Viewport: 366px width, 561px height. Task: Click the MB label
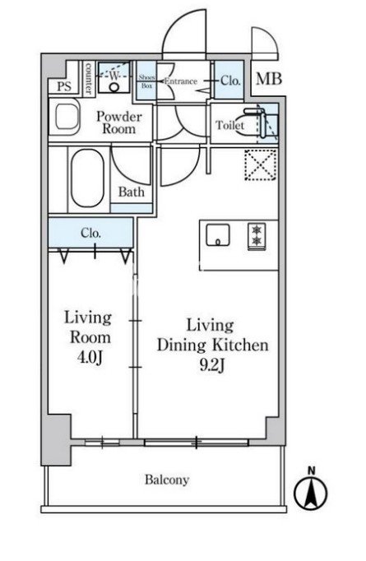pyautogui.click(x=269, y=79)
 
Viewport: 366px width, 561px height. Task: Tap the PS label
pyautogui.click(x=64, y=86)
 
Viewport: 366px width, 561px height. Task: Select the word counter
pyautogui.click(x=88, y=79)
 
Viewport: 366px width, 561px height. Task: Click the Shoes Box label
pyautogui.click(x=146, y=81)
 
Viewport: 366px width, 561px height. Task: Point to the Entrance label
pyautogui.click(x=181, y=81)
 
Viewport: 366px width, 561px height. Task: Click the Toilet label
pyautogui.click(x=229, y=125)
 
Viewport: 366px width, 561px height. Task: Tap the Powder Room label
pyautogui.click(x=119, y=123)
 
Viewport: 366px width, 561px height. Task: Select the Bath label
pyautogui.click(x=132, y=192)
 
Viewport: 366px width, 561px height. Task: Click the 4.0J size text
pyautogui.click(x=90, y=357)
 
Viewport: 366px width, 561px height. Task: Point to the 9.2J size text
pyautogui.click(x=212, y=365)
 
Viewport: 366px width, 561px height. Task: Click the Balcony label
pyautogui.click(x=167, y=480)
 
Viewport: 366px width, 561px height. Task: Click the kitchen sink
pyautogui.click(x=217, y=234)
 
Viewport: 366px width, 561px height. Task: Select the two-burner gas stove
pyautogui.click(x=257, y=236)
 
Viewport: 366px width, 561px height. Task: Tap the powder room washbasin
pyautogui.click(x=67, y=116)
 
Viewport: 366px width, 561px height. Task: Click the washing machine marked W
pyautogui.click(x=114, y=77)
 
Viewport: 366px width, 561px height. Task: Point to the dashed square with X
pyautogui.click(x=261, y=165)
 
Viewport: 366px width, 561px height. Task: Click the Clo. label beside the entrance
pyautogui.click(x=229, y=81)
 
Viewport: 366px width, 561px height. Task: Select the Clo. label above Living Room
pyautogui.click(x=90, y=234)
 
